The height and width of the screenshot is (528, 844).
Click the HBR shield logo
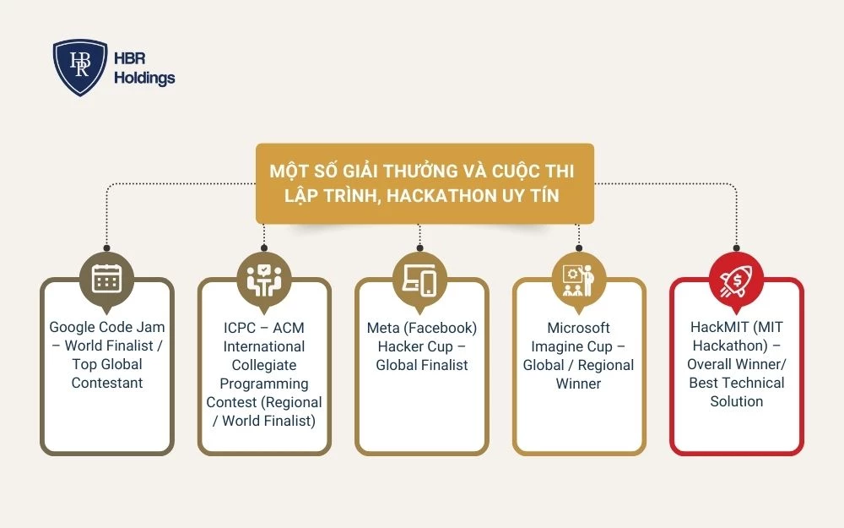click(80, 68)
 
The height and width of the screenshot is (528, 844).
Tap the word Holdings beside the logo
click(144, 78)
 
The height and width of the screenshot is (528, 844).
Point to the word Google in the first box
click(72, 328)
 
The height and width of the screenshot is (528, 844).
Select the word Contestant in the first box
click(107, 384)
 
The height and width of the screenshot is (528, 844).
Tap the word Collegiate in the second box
click(264, 365)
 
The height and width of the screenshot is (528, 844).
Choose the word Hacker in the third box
click(403, 346)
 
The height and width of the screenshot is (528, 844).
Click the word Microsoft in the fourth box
click(578, 328)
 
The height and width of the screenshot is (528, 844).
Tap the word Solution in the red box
click(736, 402)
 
